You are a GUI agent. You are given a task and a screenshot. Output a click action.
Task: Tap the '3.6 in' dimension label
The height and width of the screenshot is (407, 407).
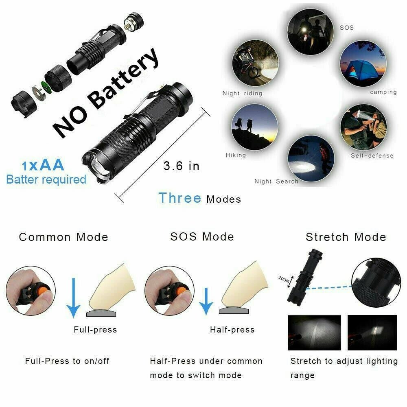(182, 166)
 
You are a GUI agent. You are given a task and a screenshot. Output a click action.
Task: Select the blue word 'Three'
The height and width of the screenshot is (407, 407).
(180, 198)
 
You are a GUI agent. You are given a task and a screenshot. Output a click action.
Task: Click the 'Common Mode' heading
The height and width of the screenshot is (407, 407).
(63, 237)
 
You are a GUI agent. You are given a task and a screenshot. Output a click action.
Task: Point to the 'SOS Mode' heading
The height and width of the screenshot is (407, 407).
(202, 236)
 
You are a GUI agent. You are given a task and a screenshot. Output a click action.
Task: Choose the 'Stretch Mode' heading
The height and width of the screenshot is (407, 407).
(346, 237)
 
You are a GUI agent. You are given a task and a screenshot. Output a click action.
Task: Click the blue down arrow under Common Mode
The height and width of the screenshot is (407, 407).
(74, 297)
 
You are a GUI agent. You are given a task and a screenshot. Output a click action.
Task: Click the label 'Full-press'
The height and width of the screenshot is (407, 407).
(95, 330)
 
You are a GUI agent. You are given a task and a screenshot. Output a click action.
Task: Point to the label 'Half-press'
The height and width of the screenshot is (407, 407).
(232, 330)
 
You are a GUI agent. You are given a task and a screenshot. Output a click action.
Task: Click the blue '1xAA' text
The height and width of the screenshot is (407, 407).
(43, 165)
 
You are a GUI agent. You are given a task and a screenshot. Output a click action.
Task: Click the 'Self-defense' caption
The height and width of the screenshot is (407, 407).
(372, 155)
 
